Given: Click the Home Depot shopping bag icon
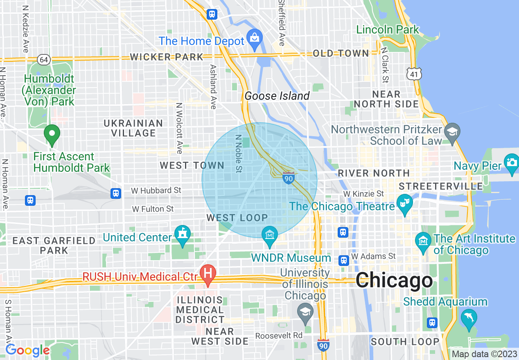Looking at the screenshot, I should pos(255,37).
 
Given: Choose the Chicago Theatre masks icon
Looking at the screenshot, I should pos(405,203).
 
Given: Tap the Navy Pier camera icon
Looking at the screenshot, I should pos(512,161).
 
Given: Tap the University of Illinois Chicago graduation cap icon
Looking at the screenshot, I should pos(305,312).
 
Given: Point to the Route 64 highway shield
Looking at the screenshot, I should pos(44,60).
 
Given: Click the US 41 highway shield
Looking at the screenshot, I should pos(414,74).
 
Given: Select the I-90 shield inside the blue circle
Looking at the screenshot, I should pos(288,178).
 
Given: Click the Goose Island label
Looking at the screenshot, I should pos(277,96).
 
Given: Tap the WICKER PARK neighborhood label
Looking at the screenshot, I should pos(167,57).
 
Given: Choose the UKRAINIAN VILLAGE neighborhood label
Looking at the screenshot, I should pos(133,128).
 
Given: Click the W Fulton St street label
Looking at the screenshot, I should pos(153,209).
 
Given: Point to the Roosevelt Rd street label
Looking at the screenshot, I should pos(279,336).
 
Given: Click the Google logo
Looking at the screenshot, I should pos(27,350).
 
